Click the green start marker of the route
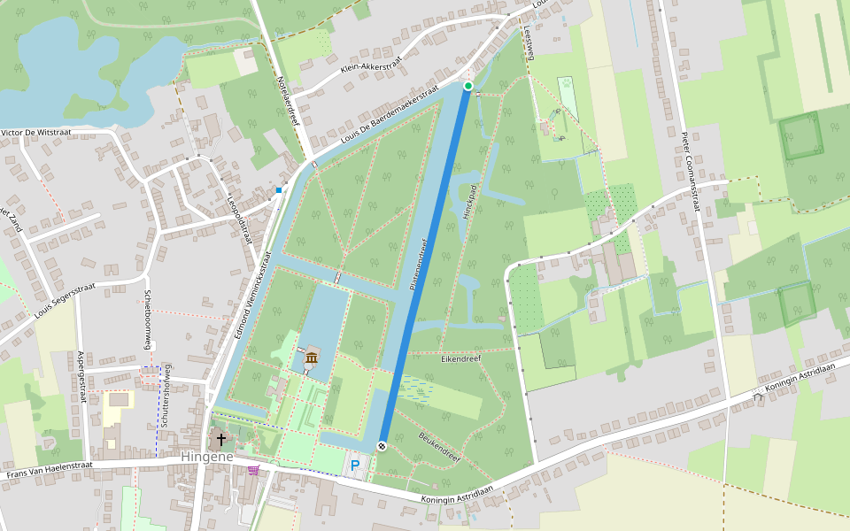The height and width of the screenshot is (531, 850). [x=468, y=86]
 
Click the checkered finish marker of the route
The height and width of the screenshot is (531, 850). [x=382, y=446]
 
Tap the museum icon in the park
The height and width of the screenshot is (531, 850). [x=312, y=358]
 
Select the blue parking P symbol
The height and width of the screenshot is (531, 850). [x=356, y=465]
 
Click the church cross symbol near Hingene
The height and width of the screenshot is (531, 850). [x=220, y=438]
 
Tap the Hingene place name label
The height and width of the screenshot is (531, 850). [x=206, y=457]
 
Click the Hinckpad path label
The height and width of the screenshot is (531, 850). [x=469, y=203]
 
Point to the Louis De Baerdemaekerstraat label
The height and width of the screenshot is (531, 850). [x=390, y=119]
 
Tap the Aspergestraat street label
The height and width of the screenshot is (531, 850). [x=81, y=376]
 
